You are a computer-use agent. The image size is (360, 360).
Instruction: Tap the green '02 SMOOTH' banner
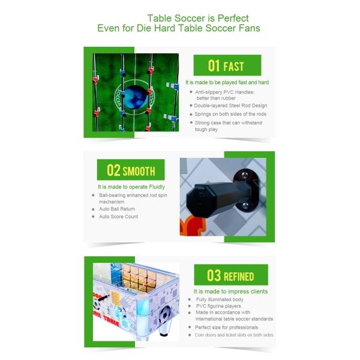coord(131,171)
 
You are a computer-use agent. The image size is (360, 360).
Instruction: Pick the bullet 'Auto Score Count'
coord(119,217)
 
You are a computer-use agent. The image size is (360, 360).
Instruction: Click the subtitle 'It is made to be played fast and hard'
coord(227,82)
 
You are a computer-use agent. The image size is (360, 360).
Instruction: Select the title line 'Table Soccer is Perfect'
coord(197,19)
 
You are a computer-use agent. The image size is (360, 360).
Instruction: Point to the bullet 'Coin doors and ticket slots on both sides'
coord(233,335)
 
